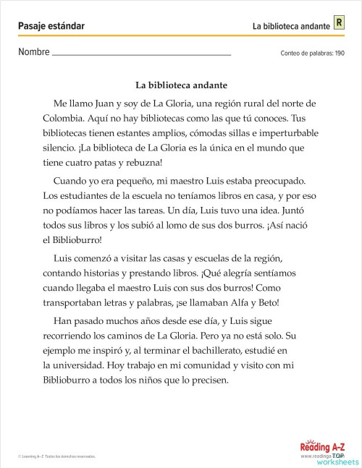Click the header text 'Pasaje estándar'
pyautogui.click(x=51, y=26)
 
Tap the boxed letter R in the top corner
pyautogui.click(x=338, y=24)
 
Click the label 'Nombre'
pyautogui.click(x=34, y=52)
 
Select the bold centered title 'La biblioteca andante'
pyautogui.click(x=181, y=84)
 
